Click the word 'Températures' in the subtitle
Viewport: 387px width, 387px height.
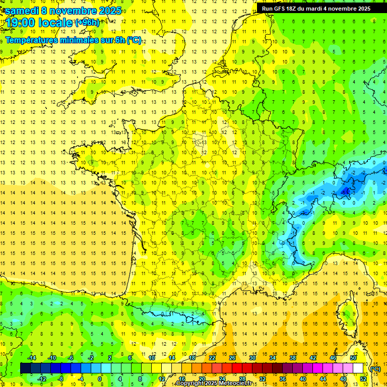coord(31,40)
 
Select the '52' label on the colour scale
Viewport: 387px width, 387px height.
coord(363,379)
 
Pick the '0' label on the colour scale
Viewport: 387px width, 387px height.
coord(100,379)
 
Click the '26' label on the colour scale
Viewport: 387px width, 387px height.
coord(232,358)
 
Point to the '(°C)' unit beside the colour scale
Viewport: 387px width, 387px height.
coord(375,369)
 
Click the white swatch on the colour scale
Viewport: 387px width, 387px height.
coord(358,368)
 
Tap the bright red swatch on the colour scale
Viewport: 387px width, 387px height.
coord(237,368)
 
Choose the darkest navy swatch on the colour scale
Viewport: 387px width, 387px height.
coord(25,368)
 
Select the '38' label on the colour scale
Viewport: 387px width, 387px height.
coord(293,358)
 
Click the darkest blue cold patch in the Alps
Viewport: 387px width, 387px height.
coord(346,190)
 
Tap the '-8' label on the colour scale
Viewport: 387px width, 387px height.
coord(60,379)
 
